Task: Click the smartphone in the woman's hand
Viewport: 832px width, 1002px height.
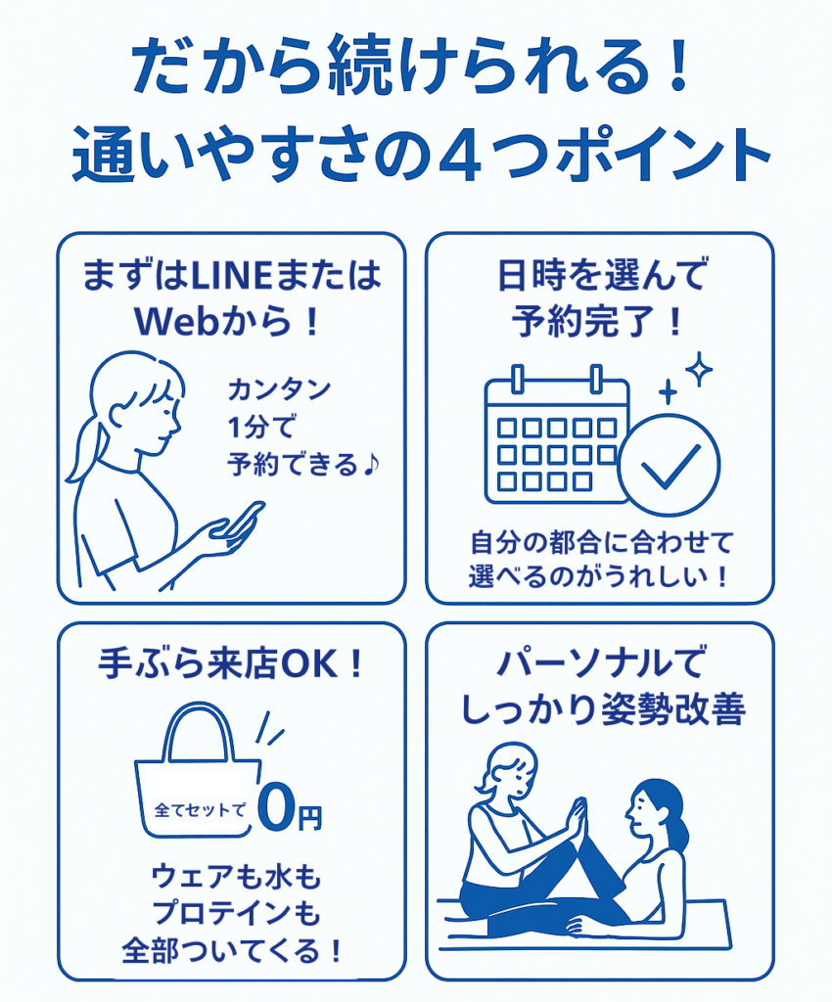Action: point(240,520)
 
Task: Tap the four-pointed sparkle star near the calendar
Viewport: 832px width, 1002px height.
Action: point(699,369)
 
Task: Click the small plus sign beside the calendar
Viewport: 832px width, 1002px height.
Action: point(668,391)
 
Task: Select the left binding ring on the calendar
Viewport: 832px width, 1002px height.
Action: point(518,379)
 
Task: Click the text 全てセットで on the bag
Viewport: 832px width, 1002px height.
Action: point(200,810)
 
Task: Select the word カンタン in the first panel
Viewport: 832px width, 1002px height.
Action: point(279,389)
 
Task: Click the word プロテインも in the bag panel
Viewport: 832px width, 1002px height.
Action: point(236,913)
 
